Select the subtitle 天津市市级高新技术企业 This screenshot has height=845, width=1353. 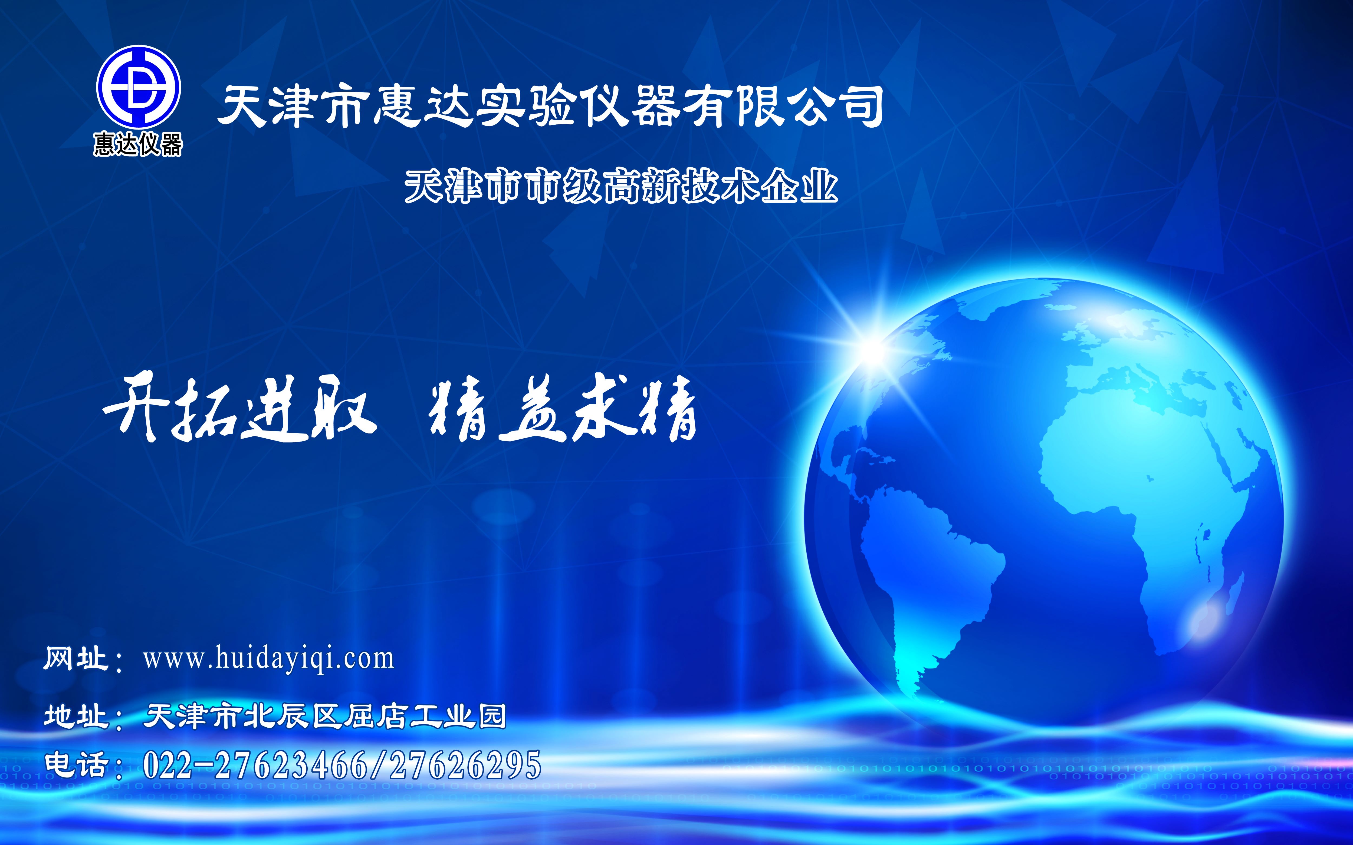tap(621, 186)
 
